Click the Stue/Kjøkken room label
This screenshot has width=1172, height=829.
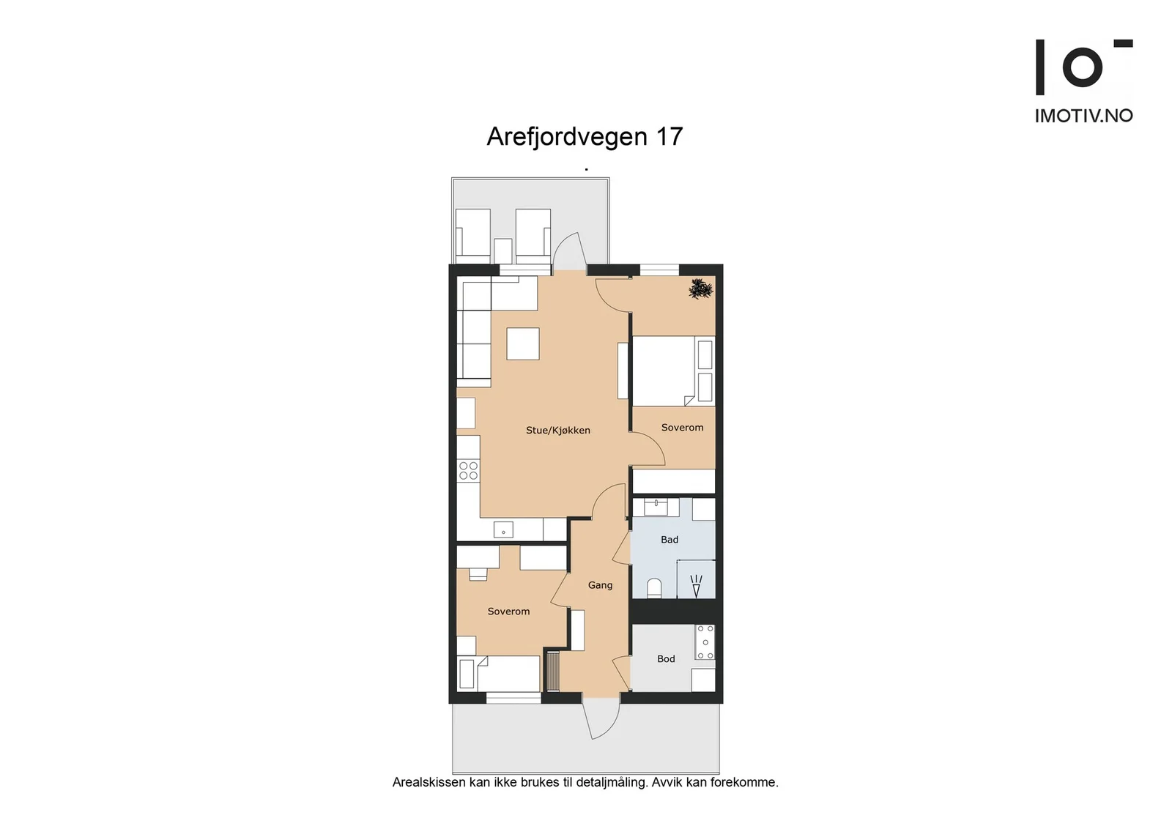[557, 431]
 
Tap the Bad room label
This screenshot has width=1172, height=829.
[670, 539]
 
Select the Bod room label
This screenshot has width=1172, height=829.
[666, 658]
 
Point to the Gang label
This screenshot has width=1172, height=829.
[600, 584]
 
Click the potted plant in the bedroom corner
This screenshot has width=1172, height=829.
[700, 289]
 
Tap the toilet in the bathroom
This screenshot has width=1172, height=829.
[654, 588]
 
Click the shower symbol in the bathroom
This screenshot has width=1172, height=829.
[696, 587]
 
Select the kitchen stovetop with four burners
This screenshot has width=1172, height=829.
[468, 469]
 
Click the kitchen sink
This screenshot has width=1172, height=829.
[503, 529]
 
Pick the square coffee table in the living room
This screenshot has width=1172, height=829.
[523, 343]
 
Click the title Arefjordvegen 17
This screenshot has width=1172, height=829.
[585, 136]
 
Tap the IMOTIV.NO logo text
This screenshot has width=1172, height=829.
[1083, 116]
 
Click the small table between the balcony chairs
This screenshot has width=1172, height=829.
[502, 251]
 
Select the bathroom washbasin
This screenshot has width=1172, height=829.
[656, 507]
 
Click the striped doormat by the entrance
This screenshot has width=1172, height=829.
[553, 672]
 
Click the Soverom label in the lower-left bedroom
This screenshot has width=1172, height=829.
[508, 611]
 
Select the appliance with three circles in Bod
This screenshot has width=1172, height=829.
[705, 642]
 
